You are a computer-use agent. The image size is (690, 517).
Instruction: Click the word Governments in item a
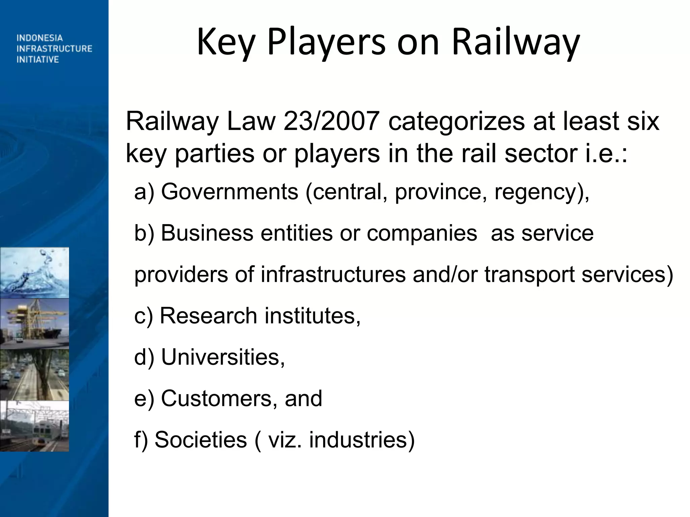coord(229,192)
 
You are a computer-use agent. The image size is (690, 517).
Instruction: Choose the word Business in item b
coord(207,233)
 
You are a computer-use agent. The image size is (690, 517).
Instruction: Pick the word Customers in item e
coord(216,399)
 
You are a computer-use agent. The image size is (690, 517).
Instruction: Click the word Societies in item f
coord(201,440)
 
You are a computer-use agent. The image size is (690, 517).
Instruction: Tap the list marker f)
coord(141,440)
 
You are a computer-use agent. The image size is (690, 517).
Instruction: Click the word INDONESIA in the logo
coord(40,38)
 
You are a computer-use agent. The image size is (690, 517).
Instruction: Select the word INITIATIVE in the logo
coord(38,60)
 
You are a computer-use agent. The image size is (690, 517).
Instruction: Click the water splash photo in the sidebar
coord(34,273)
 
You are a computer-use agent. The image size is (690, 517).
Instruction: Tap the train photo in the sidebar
coord(34,426)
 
